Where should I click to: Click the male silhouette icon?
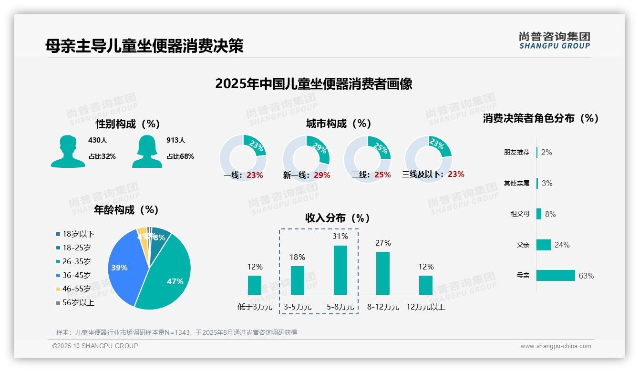[x=68, y=151]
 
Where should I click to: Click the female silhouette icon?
[x=147, y=151]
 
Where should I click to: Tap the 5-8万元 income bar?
[x=340, y=270]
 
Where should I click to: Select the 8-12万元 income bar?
[x=383, y=273]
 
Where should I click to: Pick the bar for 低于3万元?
[x=255, y=285]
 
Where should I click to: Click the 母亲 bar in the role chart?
[x=556, y=276]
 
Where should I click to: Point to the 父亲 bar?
[x=544, y=245]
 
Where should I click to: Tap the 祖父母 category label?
[x=520, y=214]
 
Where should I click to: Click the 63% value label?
[x=586, y=276]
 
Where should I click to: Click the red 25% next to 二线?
[x=382, y=175]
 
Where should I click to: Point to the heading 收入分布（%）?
[x=338, y=218]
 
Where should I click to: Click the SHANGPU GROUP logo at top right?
[x=554, y=41]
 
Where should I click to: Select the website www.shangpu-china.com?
[x=556, y=346]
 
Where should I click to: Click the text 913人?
[x=175, y=140]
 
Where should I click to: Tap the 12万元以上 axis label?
[x=425, y=307]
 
